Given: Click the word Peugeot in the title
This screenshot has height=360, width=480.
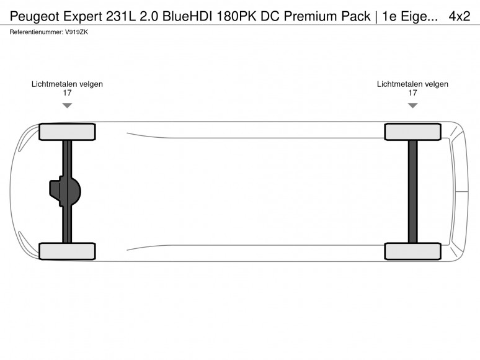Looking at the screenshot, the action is (35, 17).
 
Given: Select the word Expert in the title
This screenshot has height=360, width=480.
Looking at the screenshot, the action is (82, 17).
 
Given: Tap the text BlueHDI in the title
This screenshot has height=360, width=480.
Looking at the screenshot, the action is (187, 16).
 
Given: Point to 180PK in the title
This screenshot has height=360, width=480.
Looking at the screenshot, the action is (237, 16).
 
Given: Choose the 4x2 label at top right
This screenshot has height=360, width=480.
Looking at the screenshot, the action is (459, 16).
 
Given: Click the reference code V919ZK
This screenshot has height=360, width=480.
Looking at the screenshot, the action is (76, 32).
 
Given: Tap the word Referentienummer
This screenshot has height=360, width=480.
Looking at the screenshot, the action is (36, 32).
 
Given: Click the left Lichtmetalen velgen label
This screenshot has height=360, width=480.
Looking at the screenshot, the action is (67, 84).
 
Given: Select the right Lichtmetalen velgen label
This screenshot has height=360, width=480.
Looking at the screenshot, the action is (412, 84).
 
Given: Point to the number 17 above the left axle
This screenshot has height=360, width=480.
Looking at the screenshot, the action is (67, 93).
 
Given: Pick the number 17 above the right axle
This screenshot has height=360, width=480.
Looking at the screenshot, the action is (412, 93).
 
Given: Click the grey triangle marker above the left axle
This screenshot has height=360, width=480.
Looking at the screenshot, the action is (67, 106).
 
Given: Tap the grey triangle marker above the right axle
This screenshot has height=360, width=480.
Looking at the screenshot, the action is (412, 106).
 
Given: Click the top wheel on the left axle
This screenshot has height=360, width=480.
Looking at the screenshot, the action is (67, 132).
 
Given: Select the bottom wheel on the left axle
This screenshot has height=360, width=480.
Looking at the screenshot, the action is (67, 251).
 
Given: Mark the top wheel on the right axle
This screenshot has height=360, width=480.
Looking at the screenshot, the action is (412, 132).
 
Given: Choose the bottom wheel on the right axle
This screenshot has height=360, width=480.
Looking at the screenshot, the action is (412, 251).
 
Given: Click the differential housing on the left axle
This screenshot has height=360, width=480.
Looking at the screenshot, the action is (65, 191).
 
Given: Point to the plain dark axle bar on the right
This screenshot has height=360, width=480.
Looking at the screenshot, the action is (412, 192).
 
